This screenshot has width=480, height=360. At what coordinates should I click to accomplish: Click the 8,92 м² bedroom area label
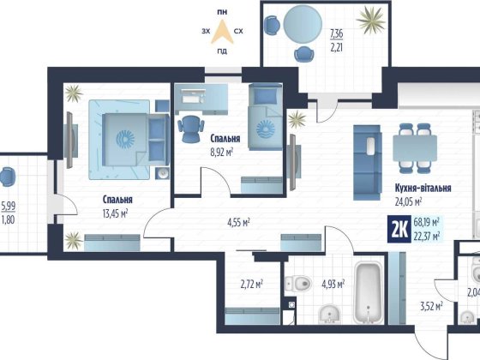(x=222, y=153)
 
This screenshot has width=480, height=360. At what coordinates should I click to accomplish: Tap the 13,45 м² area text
(x=115, y=213)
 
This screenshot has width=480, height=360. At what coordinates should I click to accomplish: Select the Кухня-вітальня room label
(x=423, y=188)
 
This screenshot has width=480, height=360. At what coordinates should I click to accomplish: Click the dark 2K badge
(x=399, y=230)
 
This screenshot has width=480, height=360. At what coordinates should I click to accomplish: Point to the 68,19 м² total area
(x=427, y=222)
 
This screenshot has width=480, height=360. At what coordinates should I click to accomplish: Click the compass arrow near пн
(x=223, y=32)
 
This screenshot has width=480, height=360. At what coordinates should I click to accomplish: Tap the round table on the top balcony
(x=303, y=24)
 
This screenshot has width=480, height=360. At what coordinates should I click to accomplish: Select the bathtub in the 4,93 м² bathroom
(x=369, y=292)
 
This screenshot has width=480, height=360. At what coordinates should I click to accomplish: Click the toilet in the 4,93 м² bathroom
(x=297, y=284)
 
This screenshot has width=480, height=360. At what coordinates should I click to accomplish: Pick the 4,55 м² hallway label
(x=238, y=223)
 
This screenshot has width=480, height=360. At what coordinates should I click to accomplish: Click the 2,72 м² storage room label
(x=252, y=285)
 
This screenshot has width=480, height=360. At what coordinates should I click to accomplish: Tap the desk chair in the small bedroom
(x=191, y=129)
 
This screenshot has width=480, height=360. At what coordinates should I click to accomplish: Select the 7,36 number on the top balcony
(x=336, y=34)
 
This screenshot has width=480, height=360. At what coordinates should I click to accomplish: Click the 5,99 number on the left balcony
(x=9, y=206)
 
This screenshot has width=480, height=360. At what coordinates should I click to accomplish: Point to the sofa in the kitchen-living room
(x=368, y=163)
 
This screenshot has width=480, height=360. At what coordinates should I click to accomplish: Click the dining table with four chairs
(x=415, y=148)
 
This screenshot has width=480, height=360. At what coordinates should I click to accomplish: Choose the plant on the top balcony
(x=370, y=21)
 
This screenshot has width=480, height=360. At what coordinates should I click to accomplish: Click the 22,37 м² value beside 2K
(x=427, y=236)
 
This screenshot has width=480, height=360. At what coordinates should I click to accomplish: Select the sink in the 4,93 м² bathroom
(x=329, y=315)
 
